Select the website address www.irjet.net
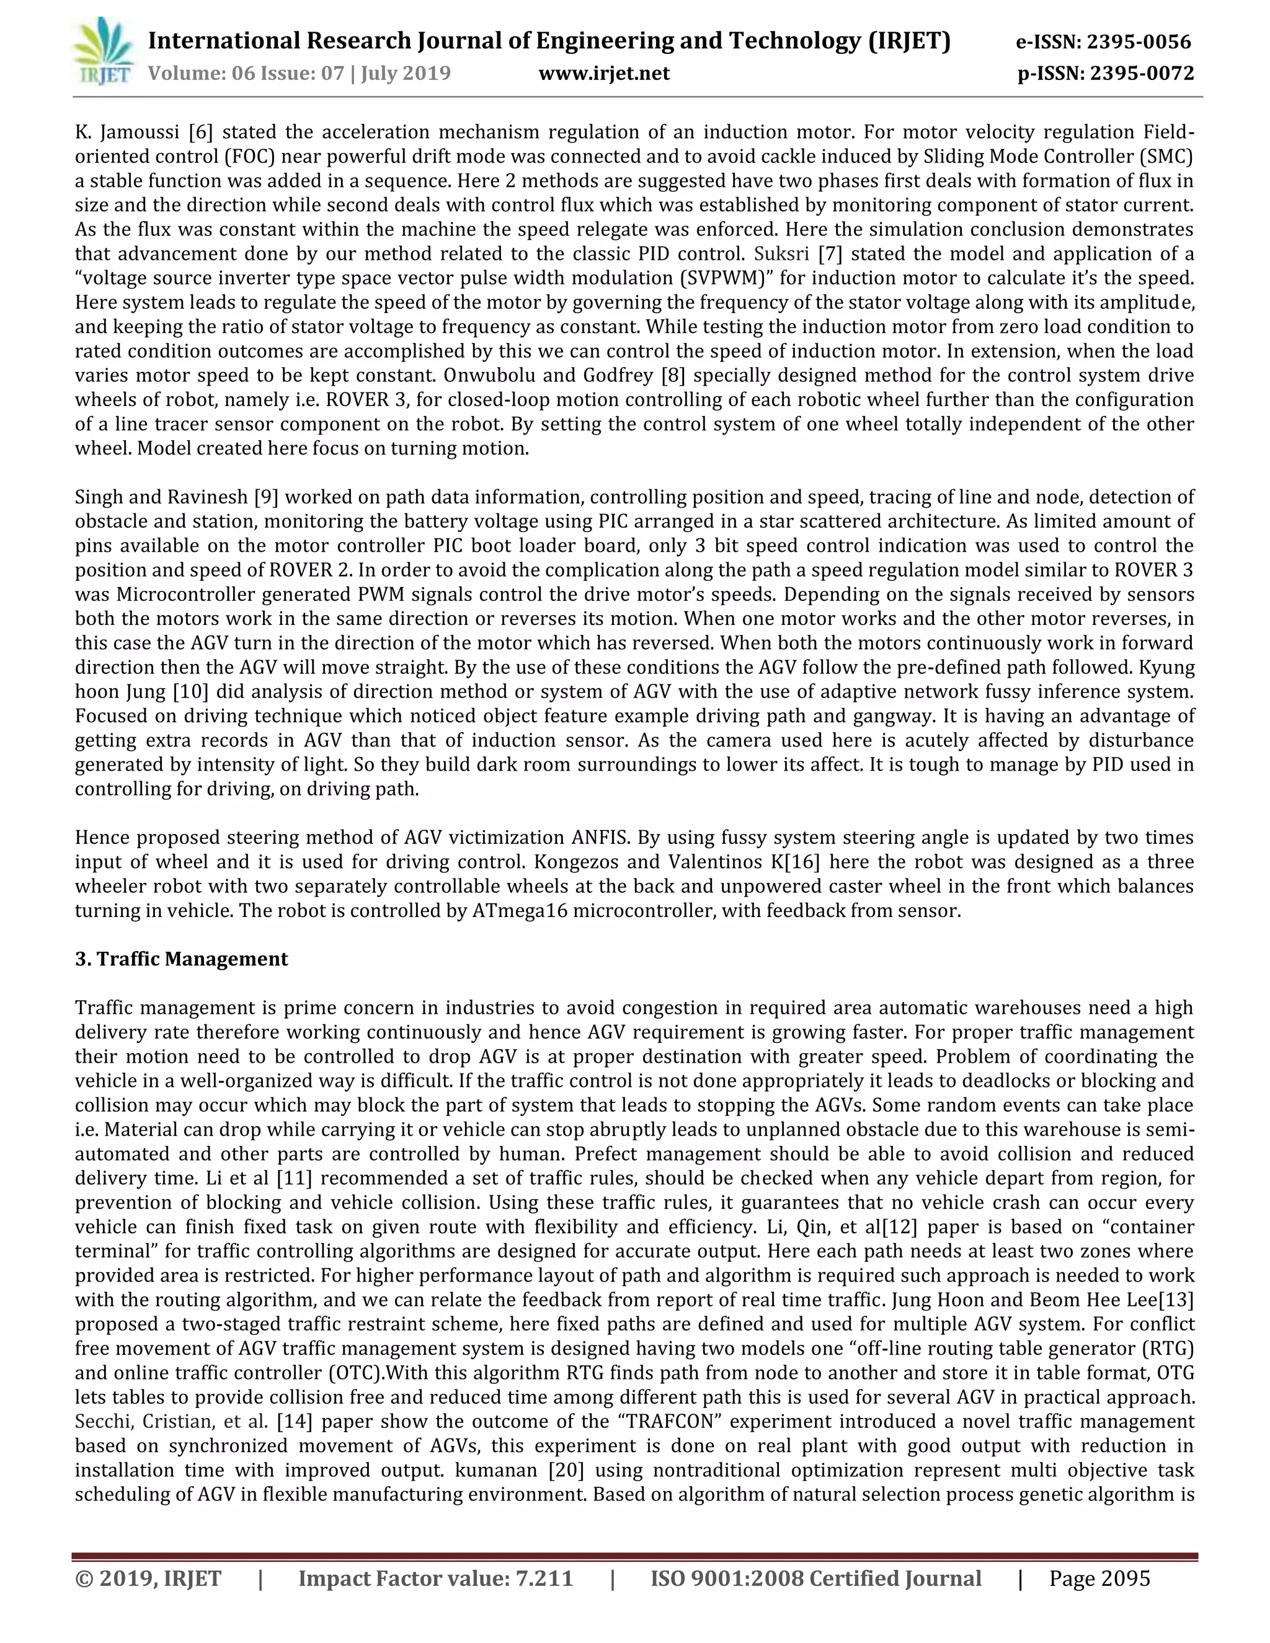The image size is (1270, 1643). (604, 73)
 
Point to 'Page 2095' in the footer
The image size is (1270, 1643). (1099, 1579)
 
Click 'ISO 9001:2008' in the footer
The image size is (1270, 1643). (726, 1579)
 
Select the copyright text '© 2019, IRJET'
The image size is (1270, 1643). (148, 1579)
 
